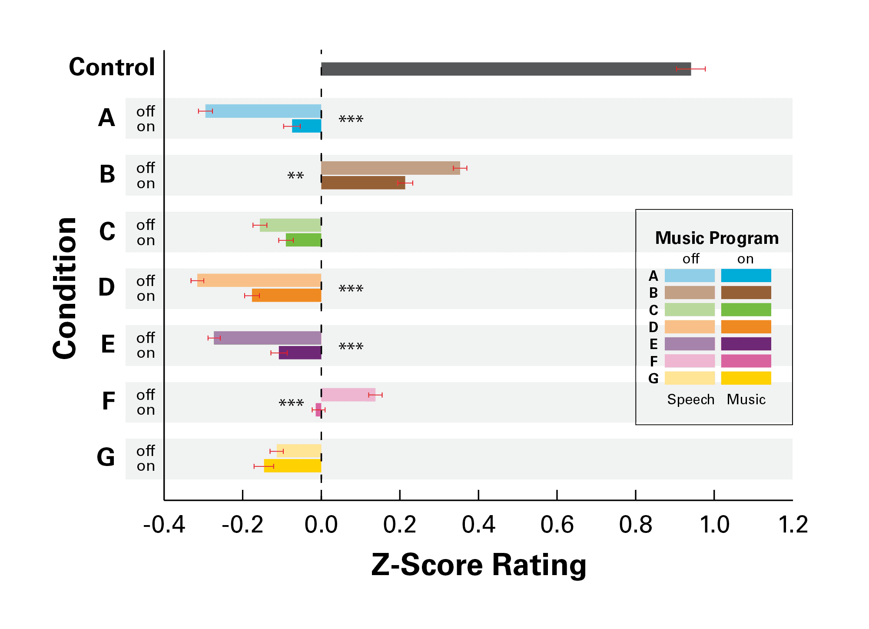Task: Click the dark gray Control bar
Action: click(506, 69)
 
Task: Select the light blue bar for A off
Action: click(263, 111)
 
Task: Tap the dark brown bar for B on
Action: click(363, 183)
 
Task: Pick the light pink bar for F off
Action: click(348, 395)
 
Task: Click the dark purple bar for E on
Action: click(300, 353)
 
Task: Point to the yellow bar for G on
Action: click(292, 466)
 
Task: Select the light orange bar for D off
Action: click(259, 280)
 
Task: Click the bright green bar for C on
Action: click(303, 240)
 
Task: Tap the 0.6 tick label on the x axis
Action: click(557, 525)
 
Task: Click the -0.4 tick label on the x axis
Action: click(164, 525)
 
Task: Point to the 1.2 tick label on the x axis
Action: click(793, 525)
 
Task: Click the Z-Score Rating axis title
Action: click(478, 565)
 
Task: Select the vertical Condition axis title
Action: click(65, 288)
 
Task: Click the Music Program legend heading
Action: click(716, 238)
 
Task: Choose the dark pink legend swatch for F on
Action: click(746, 361)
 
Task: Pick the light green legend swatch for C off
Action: click(690, 310)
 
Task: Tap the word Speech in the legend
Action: click(690, 399)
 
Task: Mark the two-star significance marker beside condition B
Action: click(295, 176)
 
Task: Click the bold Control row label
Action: click(112, 67)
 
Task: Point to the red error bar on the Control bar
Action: click(690, 69)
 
